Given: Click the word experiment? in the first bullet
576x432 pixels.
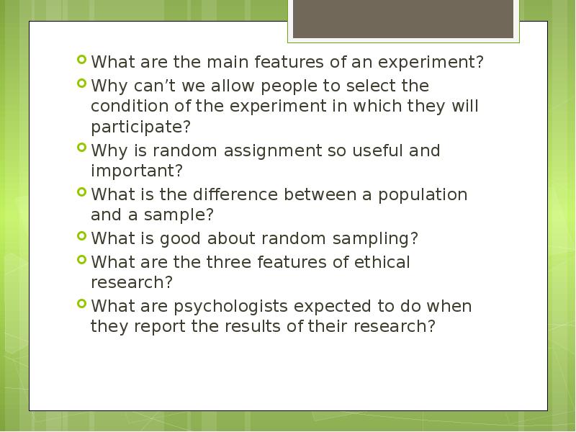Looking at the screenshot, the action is point(431,63).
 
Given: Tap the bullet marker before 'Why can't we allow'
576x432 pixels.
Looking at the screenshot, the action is point(82,84).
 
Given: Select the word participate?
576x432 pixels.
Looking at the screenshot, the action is point(140,127).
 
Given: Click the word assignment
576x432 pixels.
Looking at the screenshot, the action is point(272,151).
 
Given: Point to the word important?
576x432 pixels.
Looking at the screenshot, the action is point(137,171).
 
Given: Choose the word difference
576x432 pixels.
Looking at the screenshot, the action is point(235,194).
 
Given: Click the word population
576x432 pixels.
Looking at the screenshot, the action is point(423,195).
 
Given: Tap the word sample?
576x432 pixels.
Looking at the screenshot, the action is point(179,215).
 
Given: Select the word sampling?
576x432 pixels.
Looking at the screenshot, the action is point(375,239).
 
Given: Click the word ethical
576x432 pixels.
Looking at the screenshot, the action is point(382,262).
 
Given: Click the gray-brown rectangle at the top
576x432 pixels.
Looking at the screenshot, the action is point(403,19).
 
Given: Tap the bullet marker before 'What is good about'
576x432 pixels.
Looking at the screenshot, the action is point(82,236).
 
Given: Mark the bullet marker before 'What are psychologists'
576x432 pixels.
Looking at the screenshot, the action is point(82,303).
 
